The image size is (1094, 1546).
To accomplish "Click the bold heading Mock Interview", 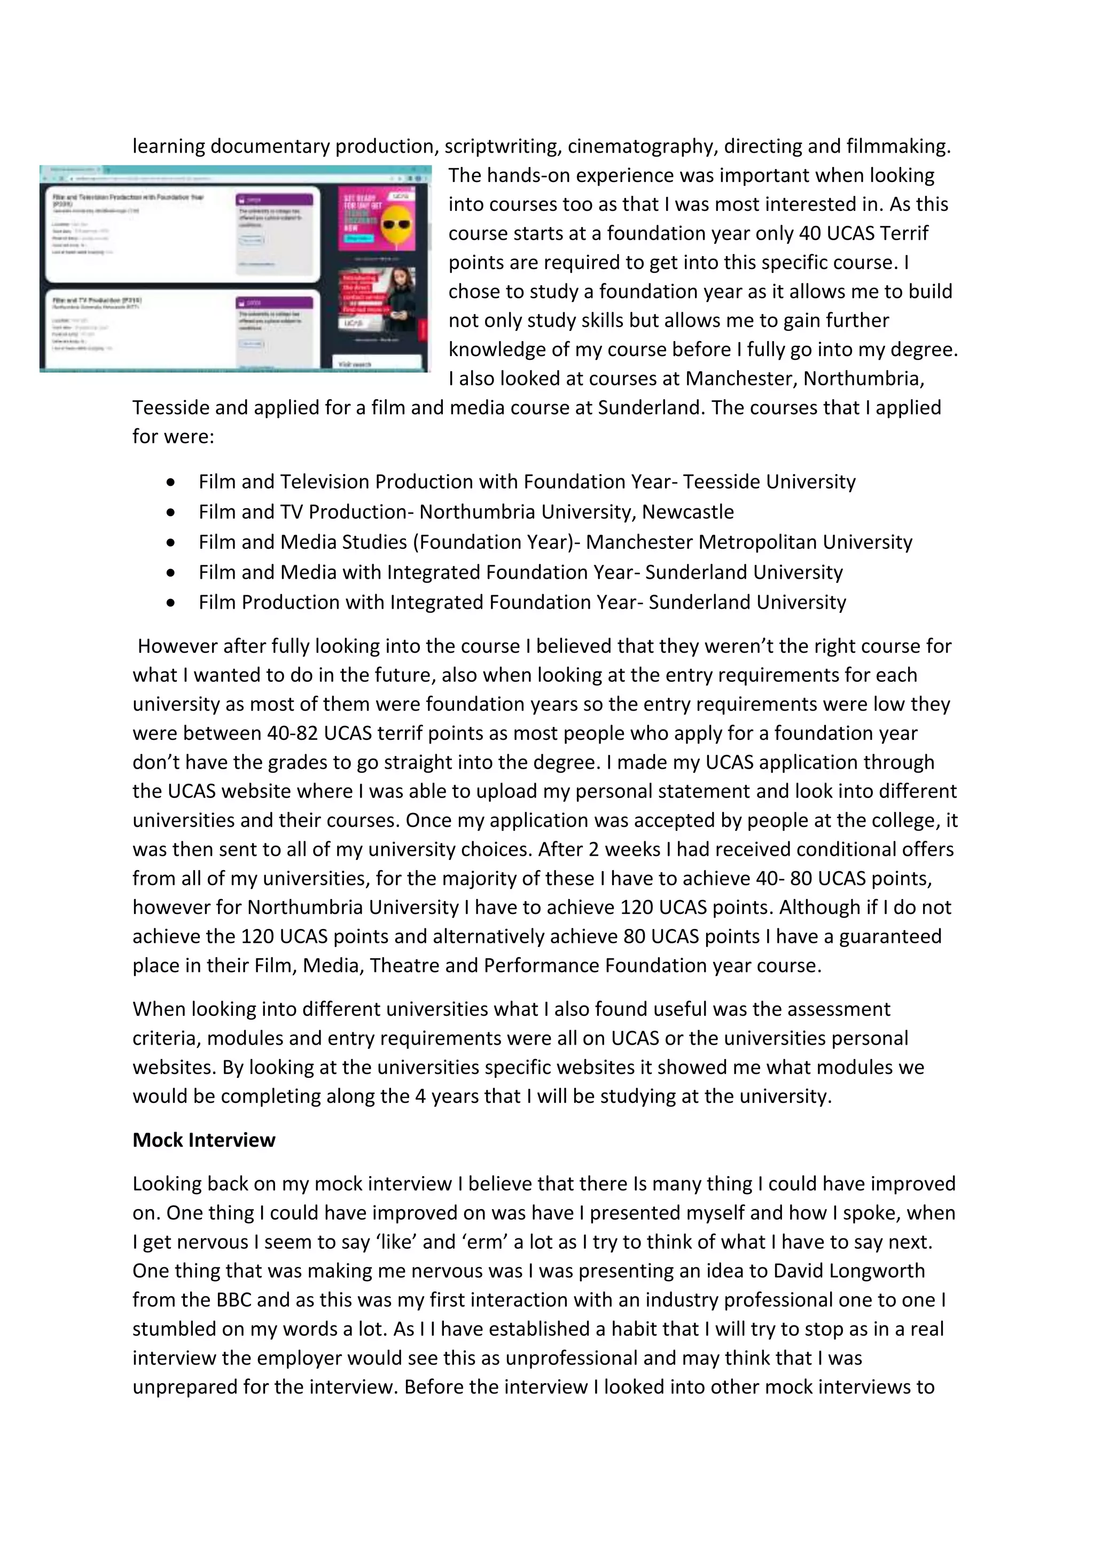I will [204, 1140].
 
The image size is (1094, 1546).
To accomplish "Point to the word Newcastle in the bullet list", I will [687, 512].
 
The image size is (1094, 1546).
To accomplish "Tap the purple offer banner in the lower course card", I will [274, 302].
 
